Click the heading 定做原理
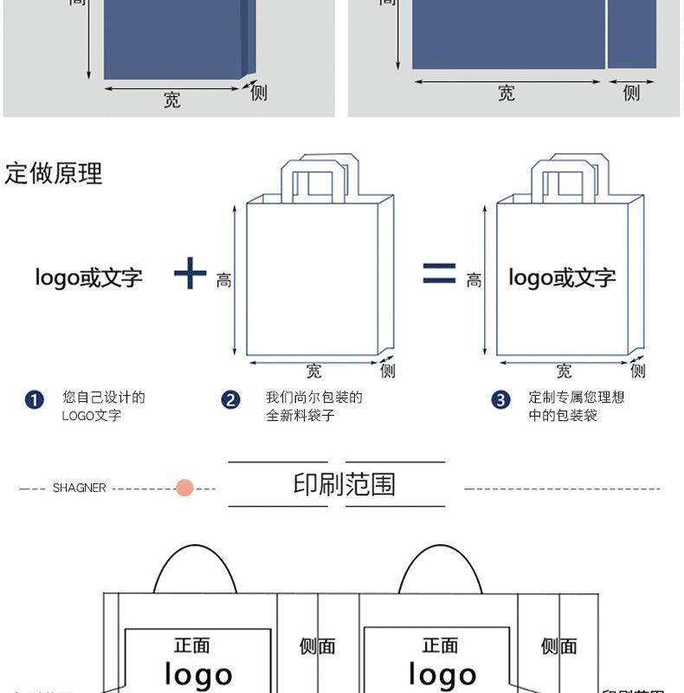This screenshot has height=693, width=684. click(54, 173)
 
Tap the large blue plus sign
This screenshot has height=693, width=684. click(190, 274)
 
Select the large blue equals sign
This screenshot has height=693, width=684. click(439, 273)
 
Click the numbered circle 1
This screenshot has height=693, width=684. click(35, 400)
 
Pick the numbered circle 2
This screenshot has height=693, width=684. click(230, 400)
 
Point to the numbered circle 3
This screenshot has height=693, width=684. click(500, 400)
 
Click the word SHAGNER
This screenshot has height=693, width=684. click(79, 489)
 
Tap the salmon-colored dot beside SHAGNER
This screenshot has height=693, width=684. click(184, 488)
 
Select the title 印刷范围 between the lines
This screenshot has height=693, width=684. click(344, 484)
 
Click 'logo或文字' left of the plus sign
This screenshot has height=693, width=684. click(88, 278)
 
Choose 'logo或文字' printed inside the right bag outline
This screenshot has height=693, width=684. click(562, 278)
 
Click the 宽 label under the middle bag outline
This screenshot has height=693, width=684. click(313, 372)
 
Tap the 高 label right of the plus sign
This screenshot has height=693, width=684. click(224, 281)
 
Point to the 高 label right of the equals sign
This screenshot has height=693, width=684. click(474, 281)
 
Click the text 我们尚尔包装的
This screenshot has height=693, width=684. click(313, 398)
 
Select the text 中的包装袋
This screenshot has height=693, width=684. click(564, 416)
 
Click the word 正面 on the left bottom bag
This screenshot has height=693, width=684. click(191, 646)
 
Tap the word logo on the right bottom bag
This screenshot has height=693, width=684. click(442, 675)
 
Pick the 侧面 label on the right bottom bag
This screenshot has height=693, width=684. click(558, 646)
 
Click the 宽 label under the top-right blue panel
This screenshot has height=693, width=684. click(507, 94)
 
